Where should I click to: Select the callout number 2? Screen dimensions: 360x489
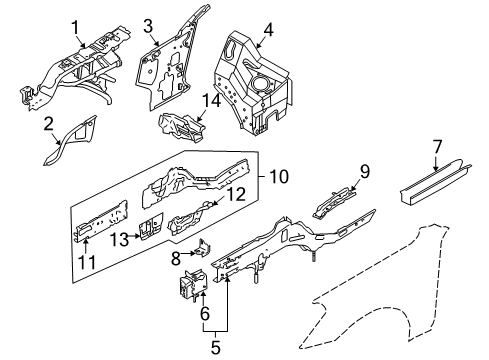(47, 123)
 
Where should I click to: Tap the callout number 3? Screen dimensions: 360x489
(147, 26)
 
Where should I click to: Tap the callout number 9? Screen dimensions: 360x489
(366, 170)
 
